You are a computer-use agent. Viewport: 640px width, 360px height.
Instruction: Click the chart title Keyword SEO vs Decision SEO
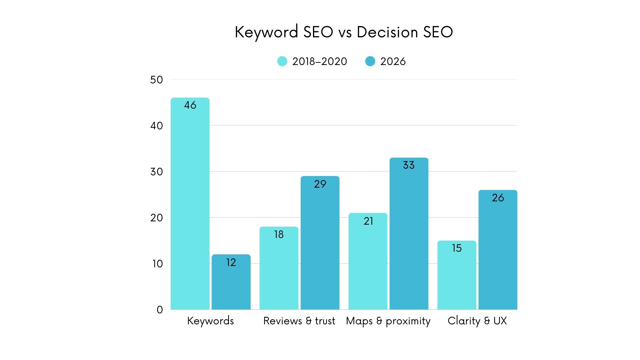click(344, 32)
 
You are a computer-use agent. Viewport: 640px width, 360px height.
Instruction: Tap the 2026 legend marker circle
click(370, 61)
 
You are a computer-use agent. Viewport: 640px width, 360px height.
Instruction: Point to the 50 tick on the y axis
click(156, 80)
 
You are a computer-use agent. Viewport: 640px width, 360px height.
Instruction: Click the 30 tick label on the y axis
click(156, 172)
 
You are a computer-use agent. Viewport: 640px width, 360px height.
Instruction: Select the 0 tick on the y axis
click(160, 310)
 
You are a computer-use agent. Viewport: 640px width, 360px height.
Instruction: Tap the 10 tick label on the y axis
click(157, 264)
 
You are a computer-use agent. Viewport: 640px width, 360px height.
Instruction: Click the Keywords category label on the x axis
click(210, 321)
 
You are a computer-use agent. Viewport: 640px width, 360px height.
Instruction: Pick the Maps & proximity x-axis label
click(388, 321)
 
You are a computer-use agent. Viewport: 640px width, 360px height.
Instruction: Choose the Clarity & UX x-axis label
click(477, 321)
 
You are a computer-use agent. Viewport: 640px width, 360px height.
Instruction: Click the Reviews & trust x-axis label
click(299, 321)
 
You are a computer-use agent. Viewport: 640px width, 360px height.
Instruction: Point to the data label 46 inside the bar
click(190, 105)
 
